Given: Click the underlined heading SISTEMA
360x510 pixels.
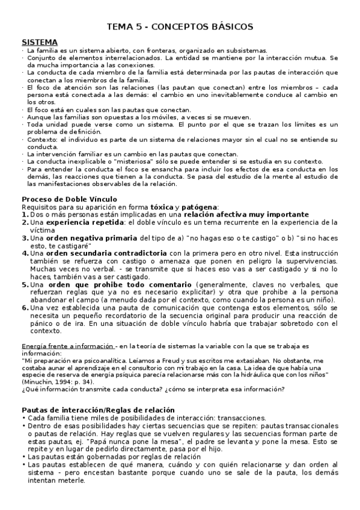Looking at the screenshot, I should [x=40, y=42].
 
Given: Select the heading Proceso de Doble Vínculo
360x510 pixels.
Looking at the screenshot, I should [x=69, y=199].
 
